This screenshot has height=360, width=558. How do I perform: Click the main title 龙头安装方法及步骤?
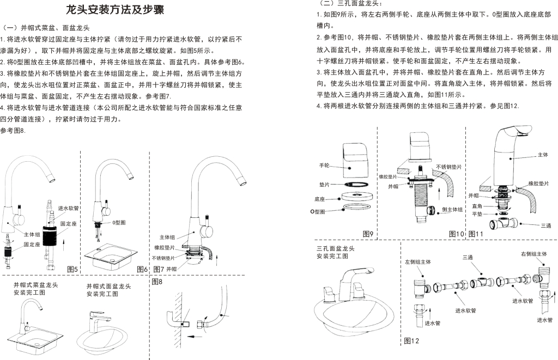[x=115, y=10]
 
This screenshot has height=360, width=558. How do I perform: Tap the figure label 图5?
[x=72, y=269]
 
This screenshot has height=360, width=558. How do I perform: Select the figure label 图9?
[x=368, y=234]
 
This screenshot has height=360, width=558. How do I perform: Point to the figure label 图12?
[x=411, y=341]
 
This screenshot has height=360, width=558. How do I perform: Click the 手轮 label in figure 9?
[x=324, y=166]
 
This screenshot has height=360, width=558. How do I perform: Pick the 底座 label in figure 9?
[x=319, y=199]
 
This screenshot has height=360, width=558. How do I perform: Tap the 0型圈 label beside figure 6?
[x=119, y=223]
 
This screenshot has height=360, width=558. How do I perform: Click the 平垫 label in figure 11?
[x=477, y=214]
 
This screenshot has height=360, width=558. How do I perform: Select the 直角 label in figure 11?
[x=477, y=206]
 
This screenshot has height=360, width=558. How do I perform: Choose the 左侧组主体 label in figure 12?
[x=418, y=262]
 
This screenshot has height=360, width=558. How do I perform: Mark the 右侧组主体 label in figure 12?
[x=534, y=254]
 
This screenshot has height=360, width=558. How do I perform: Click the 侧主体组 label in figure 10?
[x=452, y=210]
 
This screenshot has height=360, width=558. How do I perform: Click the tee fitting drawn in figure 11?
[x=504, y=224]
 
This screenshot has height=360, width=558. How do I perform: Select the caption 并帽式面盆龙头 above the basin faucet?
[x=108, y=286]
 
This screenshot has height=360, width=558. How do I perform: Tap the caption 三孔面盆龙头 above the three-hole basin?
[x=336, y=248]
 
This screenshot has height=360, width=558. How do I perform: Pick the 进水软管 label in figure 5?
[x=68, y=208]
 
